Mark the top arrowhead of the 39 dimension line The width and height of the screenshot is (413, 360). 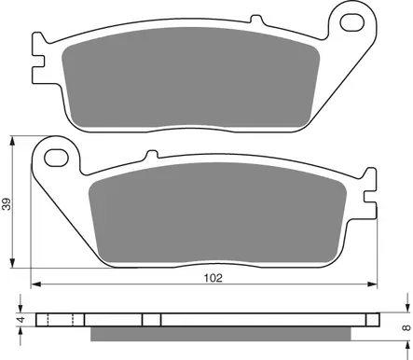pyautogui.click(x=13, y=140)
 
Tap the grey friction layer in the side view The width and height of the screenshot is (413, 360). pyautogui.click(x=224, y=334)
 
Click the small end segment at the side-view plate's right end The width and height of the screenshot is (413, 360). pyautogui.click(x=373, y=320)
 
